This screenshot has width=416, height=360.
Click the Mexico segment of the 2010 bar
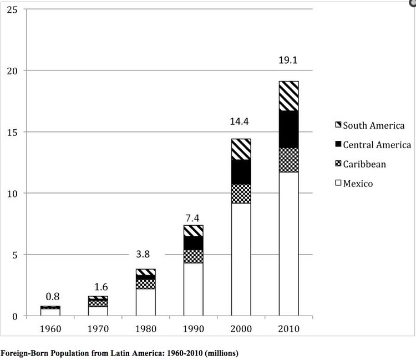click(x=288, y=244)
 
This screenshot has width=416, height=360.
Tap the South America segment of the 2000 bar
click(x=241, y=149)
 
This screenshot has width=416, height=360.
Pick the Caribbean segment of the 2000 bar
click(x=241, y=194)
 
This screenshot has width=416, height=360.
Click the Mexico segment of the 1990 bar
click(x=193, y=289)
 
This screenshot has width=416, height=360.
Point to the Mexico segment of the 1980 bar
click(x=146, y=302)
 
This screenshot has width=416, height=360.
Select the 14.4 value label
click(x=241, y=120)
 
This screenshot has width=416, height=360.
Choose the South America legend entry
click(x=370, y=125)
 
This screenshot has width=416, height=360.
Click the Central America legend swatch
click(x=337, y=145)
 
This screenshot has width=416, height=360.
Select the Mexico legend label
click(x=358, y=183)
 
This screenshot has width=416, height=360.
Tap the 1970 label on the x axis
click(x=98, y=328)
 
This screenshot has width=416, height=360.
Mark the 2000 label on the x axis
click(x=241, y=328)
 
